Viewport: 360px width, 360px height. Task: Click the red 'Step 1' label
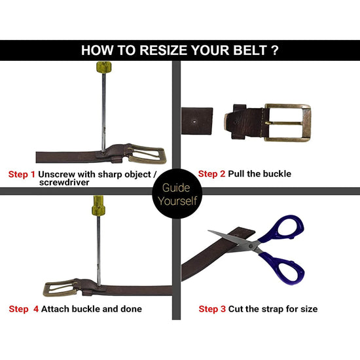pyautogui.click(x=22, y=175)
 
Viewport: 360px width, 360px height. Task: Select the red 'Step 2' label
pyautogui.click(x=212, y=174)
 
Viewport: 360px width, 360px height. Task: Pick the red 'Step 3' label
pyautogui.click(x=212, y=308)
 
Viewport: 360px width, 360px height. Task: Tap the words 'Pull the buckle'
pyautogui.click(x=260, y=174)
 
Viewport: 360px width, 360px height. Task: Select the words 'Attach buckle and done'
pyautogui.click(x=91, y=308)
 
